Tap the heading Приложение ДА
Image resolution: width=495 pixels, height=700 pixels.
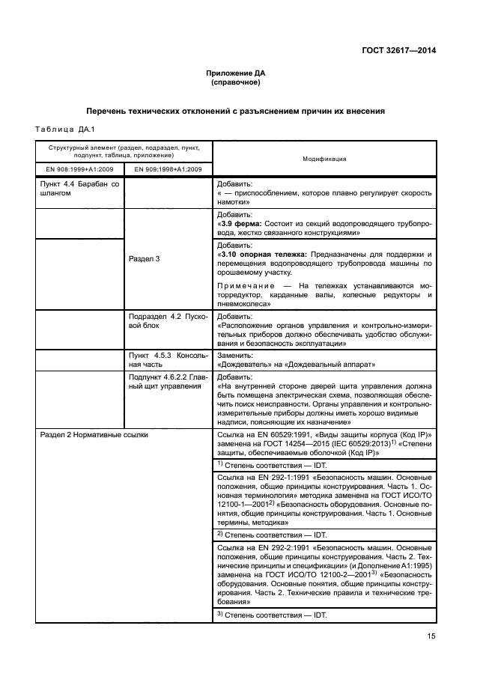click(x=236, y=73)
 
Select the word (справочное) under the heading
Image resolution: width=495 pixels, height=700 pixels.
click(x=236, y=82)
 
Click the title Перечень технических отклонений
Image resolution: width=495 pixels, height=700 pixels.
click(x=236, y=111)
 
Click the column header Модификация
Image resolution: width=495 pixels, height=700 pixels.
click(x=324, y=159)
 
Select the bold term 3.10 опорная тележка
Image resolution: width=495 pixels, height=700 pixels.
click(x=262, y=255)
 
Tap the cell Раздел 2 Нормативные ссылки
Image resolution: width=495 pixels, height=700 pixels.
click(x=94, y=433)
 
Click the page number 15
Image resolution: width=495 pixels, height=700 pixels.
click(x=431, y=637)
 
